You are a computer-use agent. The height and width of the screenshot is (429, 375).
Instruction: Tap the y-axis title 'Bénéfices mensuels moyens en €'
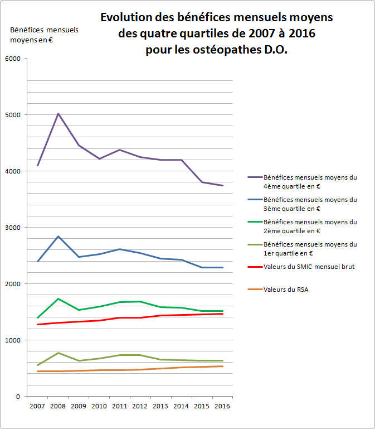(x=44, y=34)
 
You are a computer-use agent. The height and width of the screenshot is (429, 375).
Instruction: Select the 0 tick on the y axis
(x=17, y=397)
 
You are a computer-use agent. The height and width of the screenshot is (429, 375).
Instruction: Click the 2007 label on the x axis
(x=37, y=407)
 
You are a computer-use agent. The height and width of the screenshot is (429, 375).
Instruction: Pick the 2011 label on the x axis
(x=120, y=407)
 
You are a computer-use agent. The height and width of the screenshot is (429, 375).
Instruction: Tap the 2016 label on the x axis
(x=223, y=407)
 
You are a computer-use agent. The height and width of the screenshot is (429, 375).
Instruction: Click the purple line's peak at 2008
(x=58, y=114)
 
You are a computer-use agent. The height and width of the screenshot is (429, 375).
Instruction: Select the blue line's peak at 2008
(x=58, y=237)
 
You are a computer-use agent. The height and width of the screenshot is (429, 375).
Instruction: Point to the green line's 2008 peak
(x=58, y=299)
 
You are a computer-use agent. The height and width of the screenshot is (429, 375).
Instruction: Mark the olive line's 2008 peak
(x=58, y=353)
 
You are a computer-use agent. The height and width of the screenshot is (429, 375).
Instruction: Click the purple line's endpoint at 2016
(x=223, y=186)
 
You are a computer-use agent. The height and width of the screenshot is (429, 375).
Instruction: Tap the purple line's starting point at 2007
(x=37, y=165)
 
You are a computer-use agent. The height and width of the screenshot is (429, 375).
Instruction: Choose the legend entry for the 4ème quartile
(x=310, y=181)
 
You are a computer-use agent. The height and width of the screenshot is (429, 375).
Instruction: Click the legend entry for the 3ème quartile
(x=310, y=204)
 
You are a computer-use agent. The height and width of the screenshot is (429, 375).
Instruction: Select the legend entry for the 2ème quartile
(x=310, y=226)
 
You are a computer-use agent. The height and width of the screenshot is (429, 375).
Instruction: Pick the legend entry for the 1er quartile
(x=310, y=248)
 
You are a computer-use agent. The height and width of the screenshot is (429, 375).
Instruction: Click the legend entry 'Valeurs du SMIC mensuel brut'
(x=309, y=267)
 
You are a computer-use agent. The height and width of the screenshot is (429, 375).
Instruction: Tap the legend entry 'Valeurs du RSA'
(x=286, y=289)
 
